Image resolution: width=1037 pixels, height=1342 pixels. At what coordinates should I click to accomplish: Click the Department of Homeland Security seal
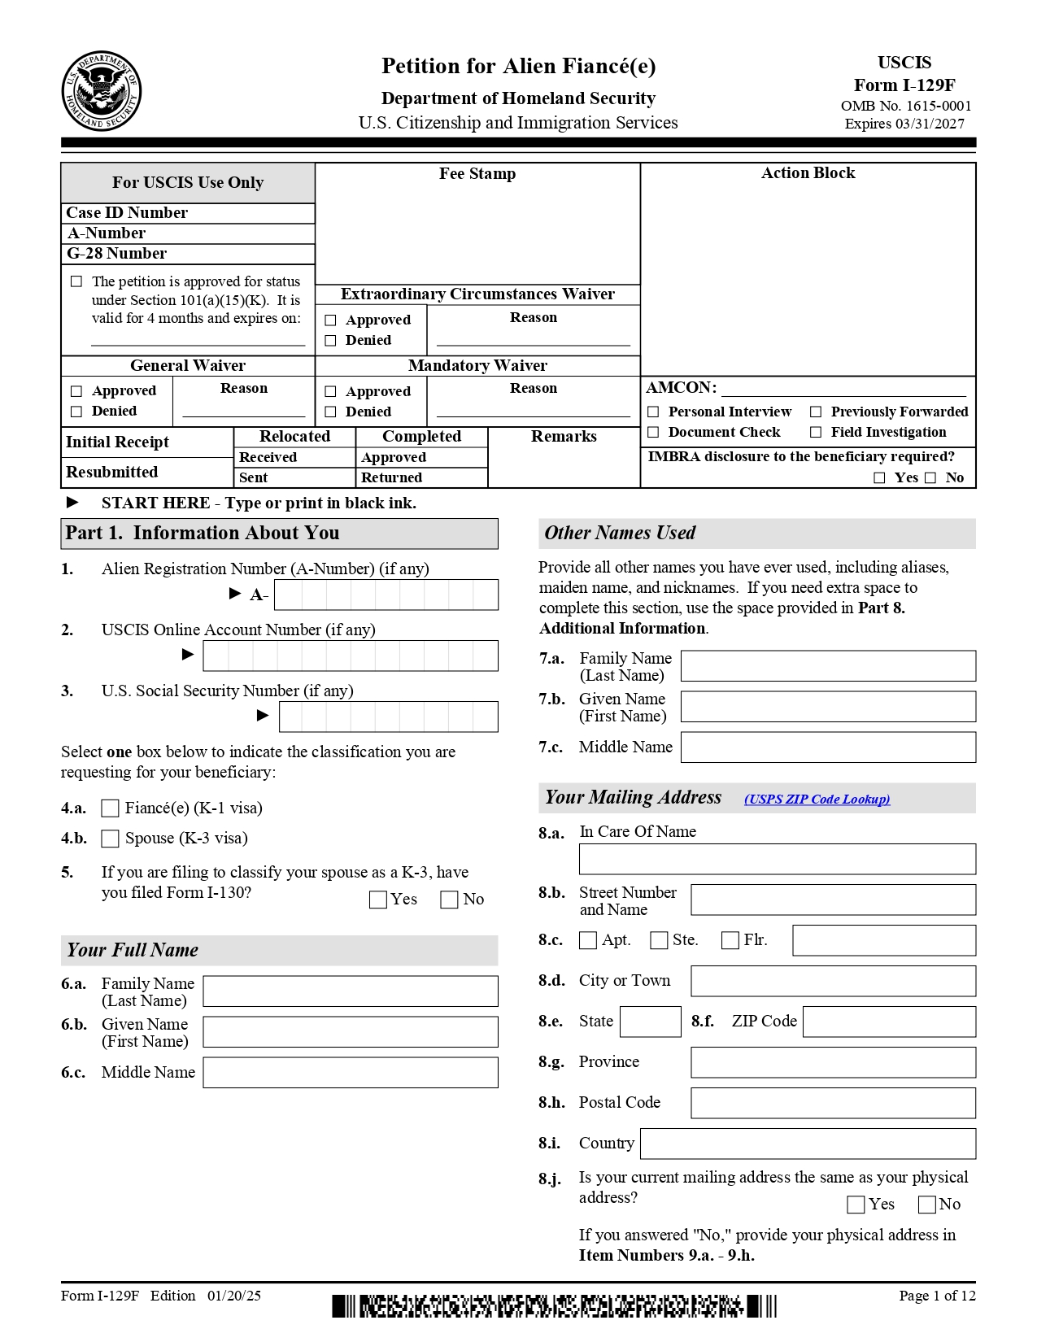pyautogui.click(x=102, y=91)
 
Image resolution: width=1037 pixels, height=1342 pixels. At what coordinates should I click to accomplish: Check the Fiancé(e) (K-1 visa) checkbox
pyautogui.click(x=110, y=808)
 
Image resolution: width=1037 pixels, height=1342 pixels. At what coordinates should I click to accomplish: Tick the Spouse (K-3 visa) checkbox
pyautogui.click(x=110, y=839)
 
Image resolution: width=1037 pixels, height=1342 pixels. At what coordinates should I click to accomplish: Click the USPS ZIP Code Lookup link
pyautogui.click(x=817, y=800)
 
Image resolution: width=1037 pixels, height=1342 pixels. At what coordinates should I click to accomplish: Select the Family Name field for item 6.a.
pyautogui.click(x=350, y=991)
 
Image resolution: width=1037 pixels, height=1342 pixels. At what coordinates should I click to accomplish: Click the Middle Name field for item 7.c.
pyautogui.click(x=827, y=747)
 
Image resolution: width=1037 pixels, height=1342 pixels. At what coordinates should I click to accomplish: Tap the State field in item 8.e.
pyautogui.click(x=650, y=1022)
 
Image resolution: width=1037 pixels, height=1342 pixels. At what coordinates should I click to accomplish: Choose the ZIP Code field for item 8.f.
pyautogui.click(x=888, y=1022)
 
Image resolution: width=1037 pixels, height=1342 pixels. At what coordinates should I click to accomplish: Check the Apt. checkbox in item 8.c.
pyautogui.click(x=588, y=940)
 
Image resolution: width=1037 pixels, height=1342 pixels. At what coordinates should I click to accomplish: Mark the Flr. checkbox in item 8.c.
pyautogui.click(x=730, y=940)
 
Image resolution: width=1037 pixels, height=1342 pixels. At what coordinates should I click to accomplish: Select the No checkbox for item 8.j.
pyautogui.click(x=927, y=1205)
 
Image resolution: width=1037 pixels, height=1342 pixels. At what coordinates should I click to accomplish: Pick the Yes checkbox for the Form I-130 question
pyautogui.click(x=378, y=900)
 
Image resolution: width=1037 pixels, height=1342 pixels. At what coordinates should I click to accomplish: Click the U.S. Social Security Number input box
pyautogui.click(x=388, y=717)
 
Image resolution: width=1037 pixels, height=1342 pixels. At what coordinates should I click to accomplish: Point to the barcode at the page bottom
pyautogui.click(x=554, y=1306)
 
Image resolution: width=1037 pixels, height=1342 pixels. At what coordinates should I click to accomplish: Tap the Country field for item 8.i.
pyautogui.click(x=808, y=1144)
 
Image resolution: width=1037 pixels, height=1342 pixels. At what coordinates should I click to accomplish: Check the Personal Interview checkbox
pyautogui.click(x=653, y=412)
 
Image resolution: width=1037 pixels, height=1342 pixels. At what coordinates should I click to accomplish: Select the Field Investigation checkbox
pyautogui.click(x=816, y=433)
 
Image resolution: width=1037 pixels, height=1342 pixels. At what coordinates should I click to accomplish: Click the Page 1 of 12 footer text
pyautogui.click(x=936, y=1296)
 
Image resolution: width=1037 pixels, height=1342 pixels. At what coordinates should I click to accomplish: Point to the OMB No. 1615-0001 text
pyautogui.click(x=905, y=106)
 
